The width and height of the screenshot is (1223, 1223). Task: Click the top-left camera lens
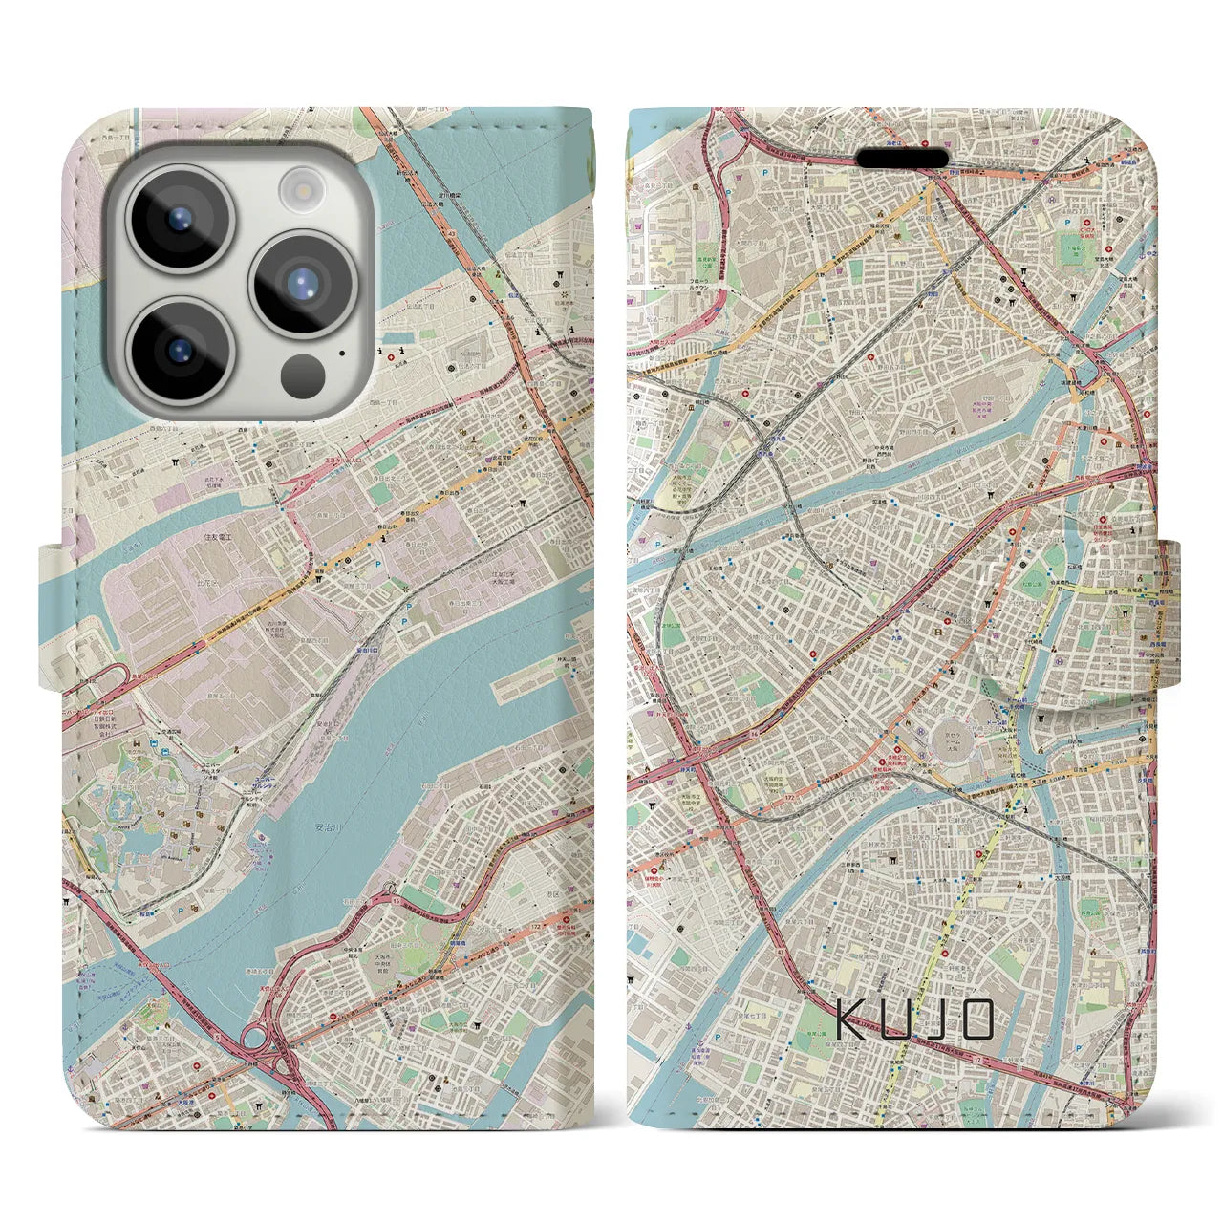coord(179,216)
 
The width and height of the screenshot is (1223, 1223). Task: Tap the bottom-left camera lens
coord(179,350)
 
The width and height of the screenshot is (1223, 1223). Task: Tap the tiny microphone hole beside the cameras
coord(342,353)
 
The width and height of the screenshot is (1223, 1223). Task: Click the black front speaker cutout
coord(901,157)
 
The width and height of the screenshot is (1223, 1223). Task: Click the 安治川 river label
coord(329,826)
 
